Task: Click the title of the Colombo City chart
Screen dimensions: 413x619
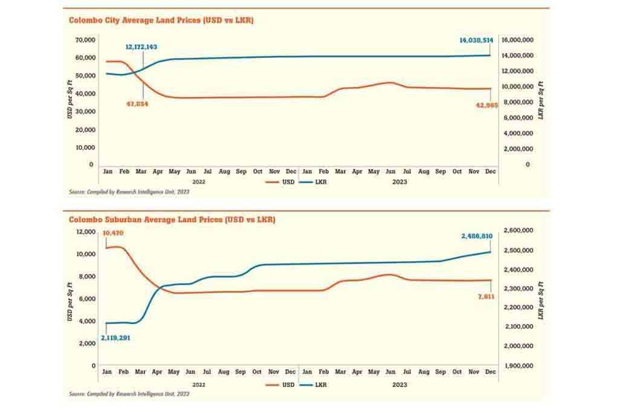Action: (161, 20)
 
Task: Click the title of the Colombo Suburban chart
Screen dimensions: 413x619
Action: (172, 220)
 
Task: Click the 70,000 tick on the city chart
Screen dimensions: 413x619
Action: (83, 40)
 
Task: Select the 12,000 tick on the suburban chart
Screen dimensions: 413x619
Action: (86, 232)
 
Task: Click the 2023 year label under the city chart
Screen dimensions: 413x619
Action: (399, 181)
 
